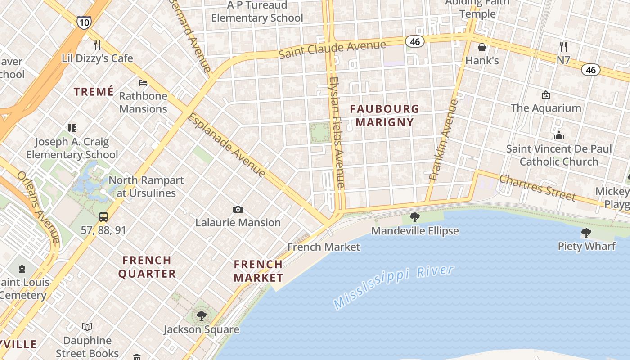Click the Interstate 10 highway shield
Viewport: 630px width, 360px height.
coord(84,22)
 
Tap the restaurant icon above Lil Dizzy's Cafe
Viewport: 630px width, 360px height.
coord(97,45)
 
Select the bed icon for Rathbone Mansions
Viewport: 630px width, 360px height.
coord(143,82)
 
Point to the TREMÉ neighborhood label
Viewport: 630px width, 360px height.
coord(94,92)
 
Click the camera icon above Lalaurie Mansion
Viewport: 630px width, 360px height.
coord(238,209)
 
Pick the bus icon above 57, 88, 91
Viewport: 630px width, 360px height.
coord(103,216)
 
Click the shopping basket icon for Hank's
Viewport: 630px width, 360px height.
coord(482,47)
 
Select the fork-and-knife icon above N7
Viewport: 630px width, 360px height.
coord(563,46)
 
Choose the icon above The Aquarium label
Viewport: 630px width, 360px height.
coord(546,95)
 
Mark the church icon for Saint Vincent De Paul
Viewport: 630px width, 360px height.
coord(558,135)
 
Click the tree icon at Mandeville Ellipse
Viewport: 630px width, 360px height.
coord(415,218)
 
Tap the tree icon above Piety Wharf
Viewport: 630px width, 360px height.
coord(586,233)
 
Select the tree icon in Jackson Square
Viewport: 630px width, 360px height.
coord(201,315)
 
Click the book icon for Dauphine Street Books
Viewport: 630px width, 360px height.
coord(87,327)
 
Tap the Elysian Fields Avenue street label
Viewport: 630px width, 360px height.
coord(337,132)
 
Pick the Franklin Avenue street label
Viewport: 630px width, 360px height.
coord(444,140)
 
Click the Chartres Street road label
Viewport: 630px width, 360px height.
coord(537,188)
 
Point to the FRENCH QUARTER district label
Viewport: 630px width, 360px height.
coord(147,267)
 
